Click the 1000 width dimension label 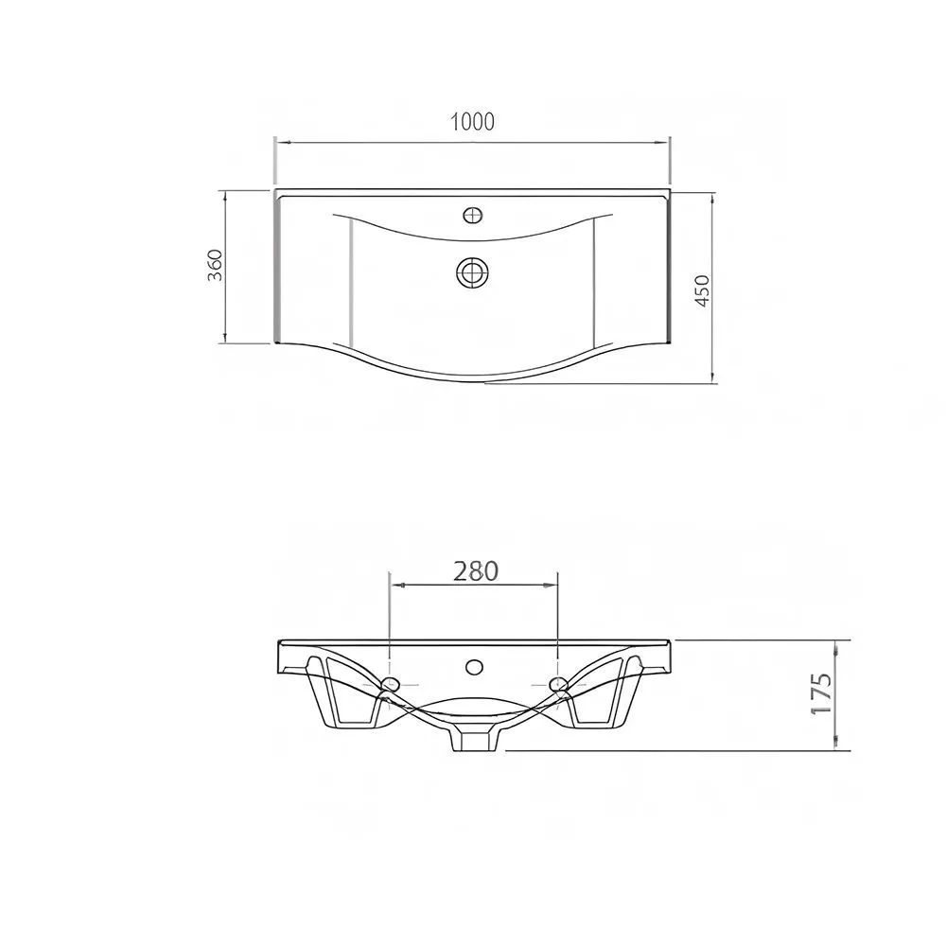pos(472,122)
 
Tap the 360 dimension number pos(216,265)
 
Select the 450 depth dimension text pos(703,290)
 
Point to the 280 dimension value pos(476,571)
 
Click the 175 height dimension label pos(821,693)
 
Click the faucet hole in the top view pos(473,215)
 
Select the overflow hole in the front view pos(474,667)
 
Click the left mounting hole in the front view pos(391,684)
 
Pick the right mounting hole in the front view pos(557,684)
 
